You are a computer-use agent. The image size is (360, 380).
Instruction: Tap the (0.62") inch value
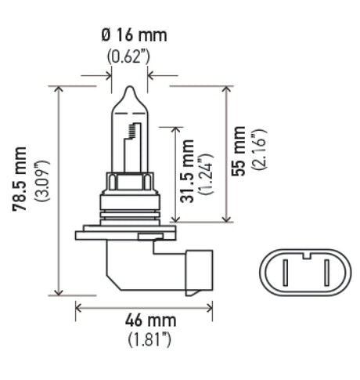click(129, 56)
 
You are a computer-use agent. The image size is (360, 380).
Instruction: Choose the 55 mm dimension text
click(240, 150)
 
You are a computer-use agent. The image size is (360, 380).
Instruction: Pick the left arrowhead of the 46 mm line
click(79, 307)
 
